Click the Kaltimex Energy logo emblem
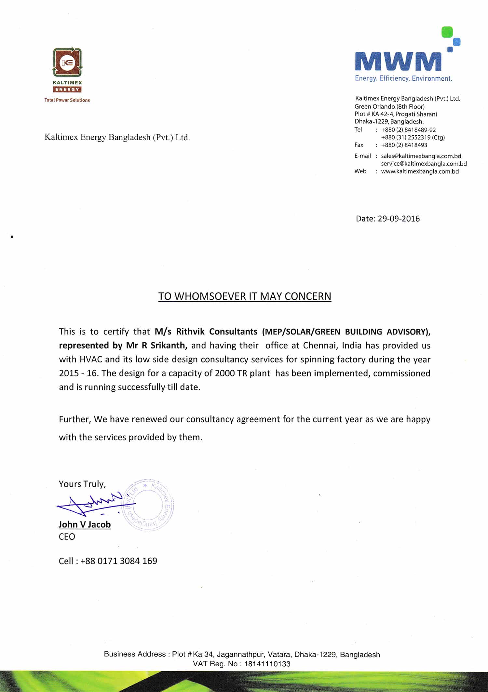67,62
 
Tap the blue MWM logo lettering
398,61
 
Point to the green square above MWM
447,32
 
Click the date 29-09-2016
399,219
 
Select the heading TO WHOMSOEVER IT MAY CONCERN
245,296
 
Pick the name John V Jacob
85,524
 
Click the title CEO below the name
67,536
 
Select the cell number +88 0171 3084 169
118,561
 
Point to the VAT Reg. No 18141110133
267,664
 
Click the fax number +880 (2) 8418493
404,145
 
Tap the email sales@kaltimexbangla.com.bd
421,156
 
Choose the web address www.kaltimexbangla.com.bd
420,171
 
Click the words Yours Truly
82,484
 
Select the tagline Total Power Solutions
67,100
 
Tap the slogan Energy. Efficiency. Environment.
403,78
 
